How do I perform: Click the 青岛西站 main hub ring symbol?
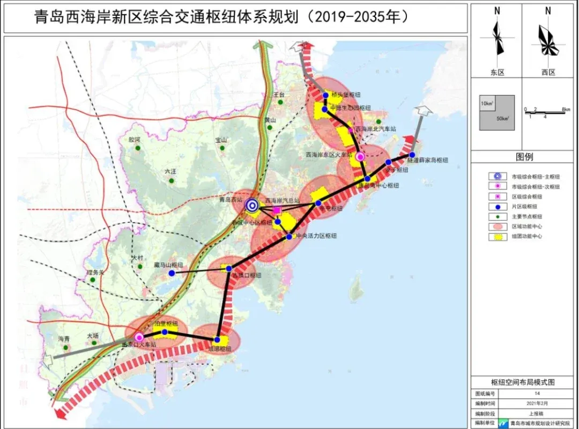[252, 205]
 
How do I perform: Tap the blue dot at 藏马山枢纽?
[172, 273]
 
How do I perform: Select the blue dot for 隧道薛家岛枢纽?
[412, 155]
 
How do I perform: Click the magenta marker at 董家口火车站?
[139, 337]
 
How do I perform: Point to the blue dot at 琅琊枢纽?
[217, 340]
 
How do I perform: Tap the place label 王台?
[278, 94]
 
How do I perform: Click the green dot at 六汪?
[171, 181]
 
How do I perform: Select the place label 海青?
[64, 338]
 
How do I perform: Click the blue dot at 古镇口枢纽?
[229, 268]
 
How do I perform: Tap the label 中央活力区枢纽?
[316, 236]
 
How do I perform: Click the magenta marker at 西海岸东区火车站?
[360, 157]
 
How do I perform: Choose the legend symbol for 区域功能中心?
[498, 226]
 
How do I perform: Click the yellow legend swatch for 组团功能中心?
[498, 236]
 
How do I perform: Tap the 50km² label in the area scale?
[502, 118]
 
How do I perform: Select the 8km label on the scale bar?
[565, 109]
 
